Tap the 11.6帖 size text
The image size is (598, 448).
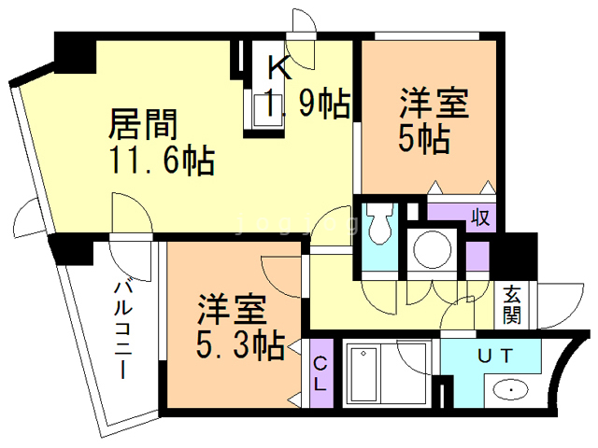point(163,161)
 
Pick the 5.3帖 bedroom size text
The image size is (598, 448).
point(240,346)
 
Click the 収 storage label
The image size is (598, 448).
point(480,217)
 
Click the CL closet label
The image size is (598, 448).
point(320,373)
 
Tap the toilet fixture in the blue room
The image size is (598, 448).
point(379,226)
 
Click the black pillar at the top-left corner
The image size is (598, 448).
point(75,54)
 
